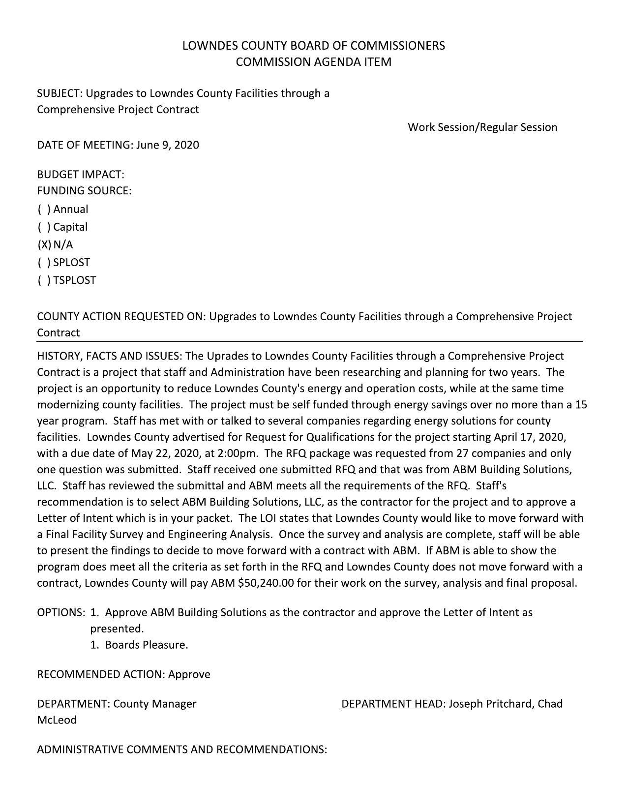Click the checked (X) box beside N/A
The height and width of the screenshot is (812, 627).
pyautogui.click(x=44, y=244)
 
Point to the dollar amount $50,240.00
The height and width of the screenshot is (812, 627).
pyautogui.click(x=266, y=583)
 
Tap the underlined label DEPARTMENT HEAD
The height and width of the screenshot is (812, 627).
pyautogui.click(x=391, y=704)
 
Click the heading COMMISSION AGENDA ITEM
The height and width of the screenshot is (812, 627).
pyautogui.click(x=313, y=62)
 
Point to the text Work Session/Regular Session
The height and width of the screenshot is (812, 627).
pyautogui.click(x=482, y=127)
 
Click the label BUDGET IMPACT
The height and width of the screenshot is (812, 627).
pyautogui.click(x=81, y=174)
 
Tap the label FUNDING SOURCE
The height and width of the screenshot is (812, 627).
pyautogui.click(x=84, y=190)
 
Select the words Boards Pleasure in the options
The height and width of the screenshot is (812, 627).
pyautogui.click(x=147, y=645)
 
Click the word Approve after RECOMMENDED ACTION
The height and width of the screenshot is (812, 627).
pyautogui.click(x=189, y=674)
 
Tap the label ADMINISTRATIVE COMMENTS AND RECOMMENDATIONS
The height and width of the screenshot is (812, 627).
pyautogui.click(x=182, y=750)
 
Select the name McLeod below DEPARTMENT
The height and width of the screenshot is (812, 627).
pyautogui.click(x=57, y=720)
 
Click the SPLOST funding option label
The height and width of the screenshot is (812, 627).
pyautogui.click(x=72, y=262)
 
